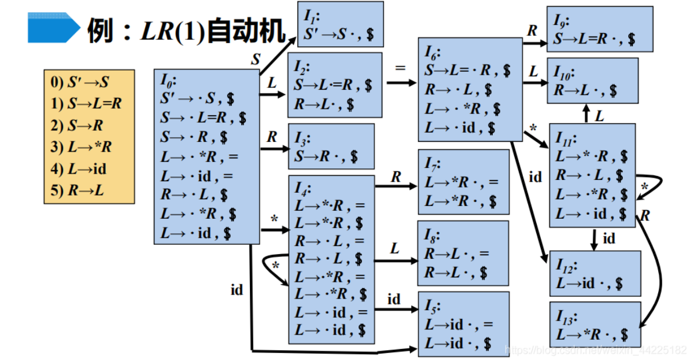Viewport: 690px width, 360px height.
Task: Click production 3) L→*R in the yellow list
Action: [x=81, y=146]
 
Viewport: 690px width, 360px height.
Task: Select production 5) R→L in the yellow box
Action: [x=78, y=190]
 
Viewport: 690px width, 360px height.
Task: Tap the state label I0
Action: [x=168, y=80]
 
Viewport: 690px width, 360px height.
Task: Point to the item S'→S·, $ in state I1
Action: [x=338, y=34]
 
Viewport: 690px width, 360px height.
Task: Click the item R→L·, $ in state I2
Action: [x=324, y=104]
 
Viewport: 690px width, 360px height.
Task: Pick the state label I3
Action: [x=302, y=139]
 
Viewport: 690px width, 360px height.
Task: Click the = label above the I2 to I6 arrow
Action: [x=400, y=68]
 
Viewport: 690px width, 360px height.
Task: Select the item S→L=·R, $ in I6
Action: [x=467, y=70]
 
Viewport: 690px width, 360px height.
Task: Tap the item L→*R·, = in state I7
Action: [x=461, y=182]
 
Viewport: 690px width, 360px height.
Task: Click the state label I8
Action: [x=432, y=236]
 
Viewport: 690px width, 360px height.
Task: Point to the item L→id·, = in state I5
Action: [x=459, y=325]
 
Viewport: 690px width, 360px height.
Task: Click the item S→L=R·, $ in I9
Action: [x=594, y=39]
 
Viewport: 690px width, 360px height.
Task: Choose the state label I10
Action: [x=564, y=72]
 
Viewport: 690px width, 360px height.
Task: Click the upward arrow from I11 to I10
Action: [x=586, y=113]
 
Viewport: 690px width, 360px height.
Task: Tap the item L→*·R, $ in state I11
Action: [x=592, y=156]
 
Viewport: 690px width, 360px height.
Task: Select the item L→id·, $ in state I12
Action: [x=589, y=283]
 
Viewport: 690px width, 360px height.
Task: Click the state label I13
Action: [x=567, y=317]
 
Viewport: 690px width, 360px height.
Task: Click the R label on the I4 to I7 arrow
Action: [x=396, y=177]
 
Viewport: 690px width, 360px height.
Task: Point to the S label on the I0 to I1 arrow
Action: [x=256, y=59]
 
